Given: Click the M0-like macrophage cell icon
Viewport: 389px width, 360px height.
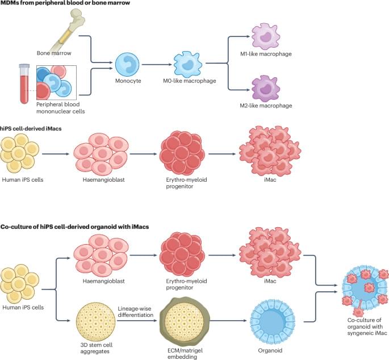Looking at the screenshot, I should pyautogui.click(x=189, y=64).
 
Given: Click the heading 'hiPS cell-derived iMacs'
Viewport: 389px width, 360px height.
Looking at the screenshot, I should pyautogui.click(x=31, y=129).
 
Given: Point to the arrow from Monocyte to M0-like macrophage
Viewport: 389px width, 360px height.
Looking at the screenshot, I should pyautogui.click(x=156, y=64).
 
